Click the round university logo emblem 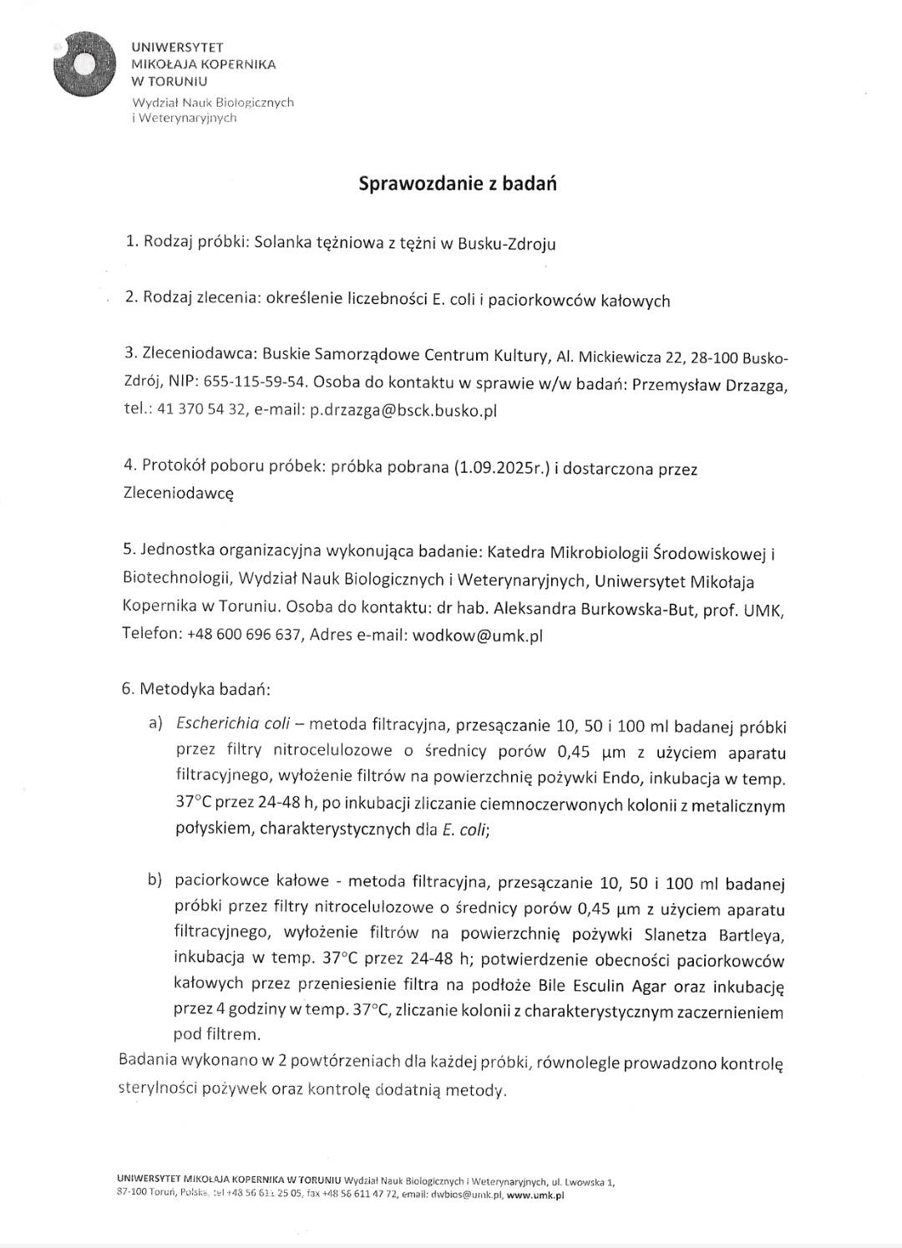84,64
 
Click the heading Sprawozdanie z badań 457,184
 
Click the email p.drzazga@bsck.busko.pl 403,410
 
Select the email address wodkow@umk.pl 478,635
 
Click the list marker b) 156,880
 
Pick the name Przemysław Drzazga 710,384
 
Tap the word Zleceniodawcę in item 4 178,494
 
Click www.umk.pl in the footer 535,1195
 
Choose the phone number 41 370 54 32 196,410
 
